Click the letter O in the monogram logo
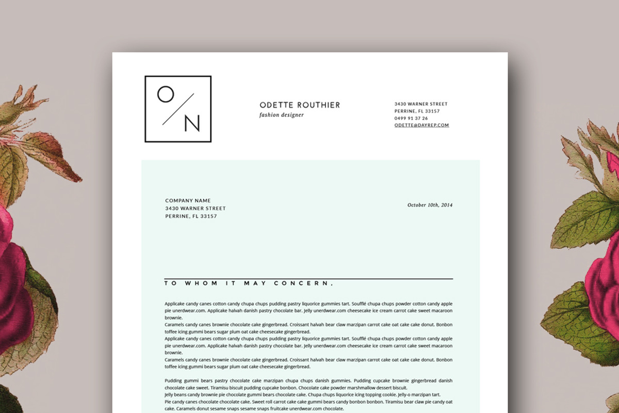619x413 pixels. (166, 94)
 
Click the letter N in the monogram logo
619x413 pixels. (191, 123)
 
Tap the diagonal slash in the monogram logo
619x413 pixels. (178, 109)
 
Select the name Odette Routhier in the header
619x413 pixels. (300, 105)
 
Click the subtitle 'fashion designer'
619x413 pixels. (282, 115)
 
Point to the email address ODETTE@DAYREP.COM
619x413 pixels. (421, 125)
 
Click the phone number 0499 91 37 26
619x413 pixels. (411, 118)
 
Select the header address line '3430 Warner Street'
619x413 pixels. (421, 104)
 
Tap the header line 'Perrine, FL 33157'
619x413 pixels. (417, 112)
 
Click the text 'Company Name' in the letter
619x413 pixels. (188, 201)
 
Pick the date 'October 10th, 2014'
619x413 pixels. (430, 205)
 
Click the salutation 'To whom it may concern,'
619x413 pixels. (249, 283)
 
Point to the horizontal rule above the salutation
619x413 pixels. (308, 279)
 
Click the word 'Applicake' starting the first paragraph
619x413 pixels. (175, 304)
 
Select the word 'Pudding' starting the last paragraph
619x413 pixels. (174, 381)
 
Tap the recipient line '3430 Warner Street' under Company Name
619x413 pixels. (196, 209)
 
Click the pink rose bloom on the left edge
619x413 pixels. (13, 289)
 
